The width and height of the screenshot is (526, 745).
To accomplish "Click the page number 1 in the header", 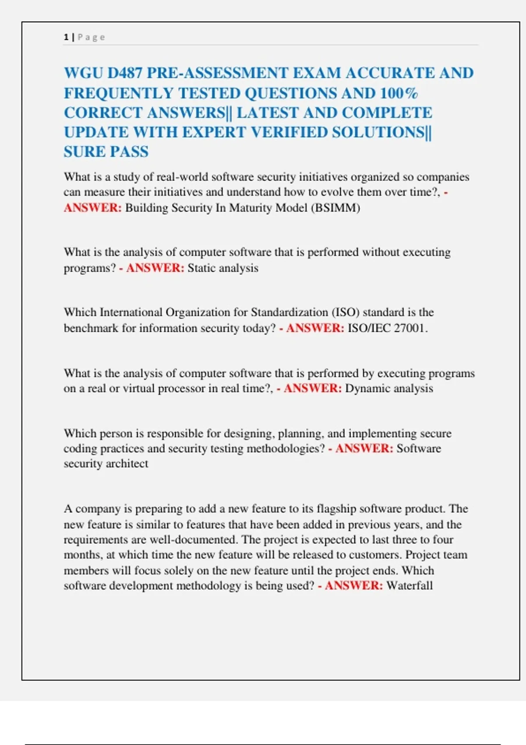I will click(66, 37).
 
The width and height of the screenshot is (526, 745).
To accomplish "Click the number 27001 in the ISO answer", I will click(409, 328).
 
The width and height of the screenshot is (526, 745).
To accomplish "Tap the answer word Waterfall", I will click(409, 585).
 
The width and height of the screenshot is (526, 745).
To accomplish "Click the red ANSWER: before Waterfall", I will click(354, 585).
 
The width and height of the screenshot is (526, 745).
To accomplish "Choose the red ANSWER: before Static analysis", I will click(155, 268).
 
